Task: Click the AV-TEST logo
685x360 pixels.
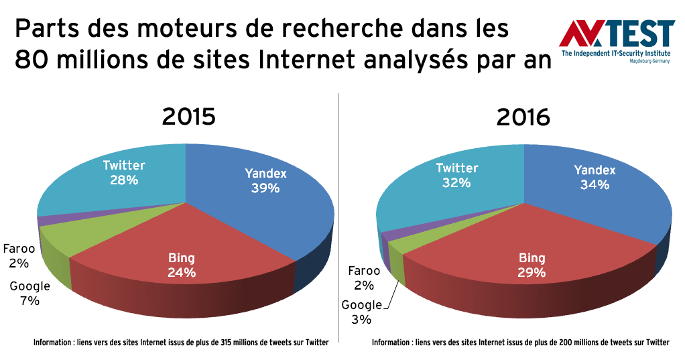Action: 616,41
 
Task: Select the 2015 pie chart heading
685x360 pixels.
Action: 188,117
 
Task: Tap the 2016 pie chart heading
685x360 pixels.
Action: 523,117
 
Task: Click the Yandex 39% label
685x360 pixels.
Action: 265,181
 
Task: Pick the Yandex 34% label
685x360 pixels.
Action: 595,177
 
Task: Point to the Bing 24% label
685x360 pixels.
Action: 182,265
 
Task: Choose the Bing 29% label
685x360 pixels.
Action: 532,265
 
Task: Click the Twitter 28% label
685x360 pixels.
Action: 124,172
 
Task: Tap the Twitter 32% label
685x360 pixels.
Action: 457,175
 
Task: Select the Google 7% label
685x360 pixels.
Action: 29,294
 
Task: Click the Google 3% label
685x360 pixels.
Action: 361,312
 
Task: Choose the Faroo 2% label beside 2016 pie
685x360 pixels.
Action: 364,278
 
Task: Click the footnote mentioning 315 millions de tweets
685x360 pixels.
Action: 181,343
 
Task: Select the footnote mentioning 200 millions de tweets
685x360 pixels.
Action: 520,343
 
